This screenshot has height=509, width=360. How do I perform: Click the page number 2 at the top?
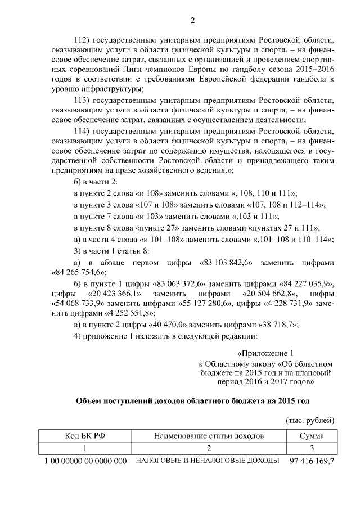(x=192, y=21)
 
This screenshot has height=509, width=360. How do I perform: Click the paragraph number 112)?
(x=83, y=42)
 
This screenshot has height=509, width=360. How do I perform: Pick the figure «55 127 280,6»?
(x=203, y=304)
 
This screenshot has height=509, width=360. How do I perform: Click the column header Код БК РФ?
(x=82, y=436)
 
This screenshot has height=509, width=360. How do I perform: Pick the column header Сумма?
(x=311, y=436)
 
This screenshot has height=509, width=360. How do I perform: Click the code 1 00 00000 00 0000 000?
(x=84, y=461)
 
